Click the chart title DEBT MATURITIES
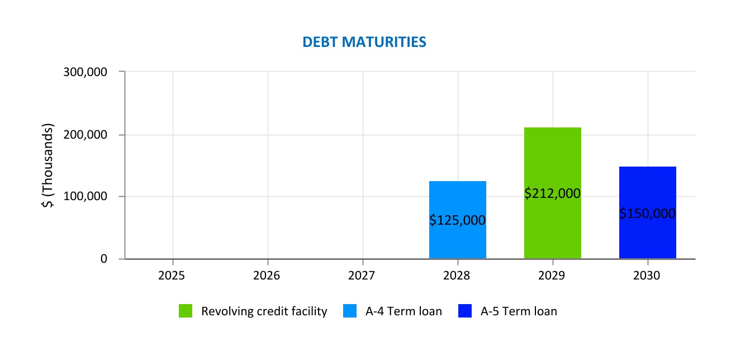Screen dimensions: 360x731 pos(364,42)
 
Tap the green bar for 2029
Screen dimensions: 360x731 pos(552,162)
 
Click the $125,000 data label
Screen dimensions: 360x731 pos(457,220)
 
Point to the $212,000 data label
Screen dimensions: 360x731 pos(552,193)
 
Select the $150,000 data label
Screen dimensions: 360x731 pos(647,214)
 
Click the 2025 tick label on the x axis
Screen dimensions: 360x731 pos(173,276)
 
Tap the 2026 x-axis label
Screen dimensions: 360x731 pos(268,276)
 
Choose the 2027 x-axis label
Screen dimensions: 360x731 pos(363,276)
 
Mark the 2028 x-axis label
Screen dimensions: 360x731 pos(458,276)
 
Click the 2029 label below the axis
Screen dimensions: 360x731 pos(553,276)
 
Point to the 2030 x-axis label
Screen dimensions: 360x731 pos(648,276)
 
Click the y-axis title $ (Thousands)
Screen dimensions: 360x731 pos(49,165)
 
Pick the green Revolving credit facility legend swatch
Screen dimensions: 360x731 pos(186,311)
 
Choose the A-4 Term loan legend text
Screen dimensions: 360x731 pos(404,311)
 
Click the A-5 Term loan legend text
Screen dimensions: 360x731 pos(519,311)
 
